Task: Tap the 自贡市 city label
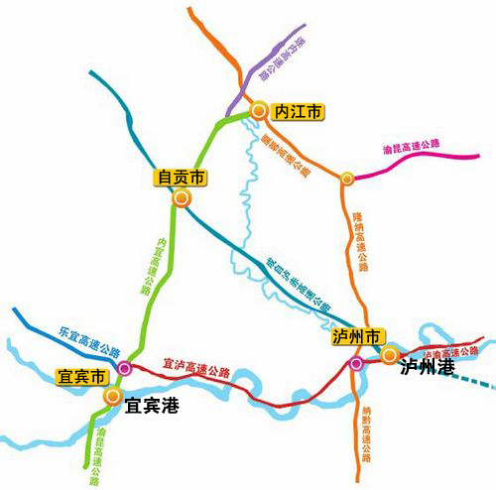click(181, 178)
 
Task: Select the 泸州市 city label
click(355, 337)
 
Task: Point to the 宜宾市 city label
click(81, 377)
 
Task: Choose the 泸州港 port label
click(427, 367)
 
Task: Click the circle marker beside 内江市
click(258, 112)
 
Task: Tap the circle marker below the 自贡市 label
click(181, 198)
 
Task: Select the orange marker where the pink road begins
click(347, 179)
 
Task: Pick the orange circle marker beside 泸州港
click(390, 353)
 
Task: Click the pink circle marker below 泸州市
click(356, 364)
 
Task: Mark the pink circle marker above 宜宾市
click(124, 368)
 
